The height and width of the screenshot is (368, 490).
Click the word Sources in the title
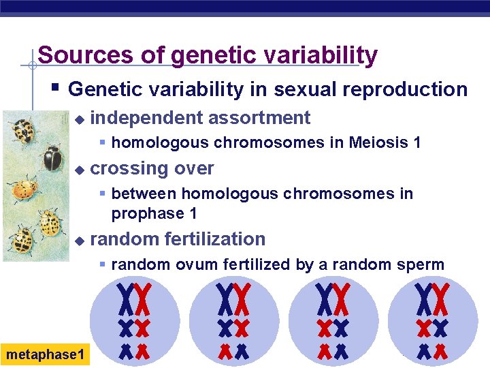click(86, 55)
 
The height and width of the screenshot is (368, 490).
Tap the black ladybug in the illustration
click(52, 158)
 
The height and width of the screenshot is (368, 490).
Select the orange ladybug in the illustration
click(24, 189)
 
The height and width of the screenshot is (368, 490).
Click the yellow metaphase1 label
click(45, 354)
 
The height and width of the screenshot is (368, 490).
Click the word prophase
click(148, 215)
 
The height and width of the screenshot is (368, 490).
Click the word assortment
click(259, 118)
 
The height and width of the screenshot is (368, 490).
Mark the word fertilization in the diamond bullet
click(215, 239)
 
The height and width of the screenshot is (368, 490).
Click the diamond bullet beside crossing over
click(80, 170)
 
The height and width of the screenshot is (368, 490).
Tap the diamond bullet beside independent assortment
click(80, 120)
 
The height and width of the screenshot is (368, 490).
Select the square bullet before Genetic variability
click(55, 87)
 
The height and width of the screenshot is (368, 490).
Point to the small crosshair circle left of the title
click(33, 65)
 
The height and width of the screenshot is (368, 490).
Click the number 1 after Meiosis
click(417, 142)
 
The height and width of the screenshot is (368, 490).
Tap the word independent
click(147, 119)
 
